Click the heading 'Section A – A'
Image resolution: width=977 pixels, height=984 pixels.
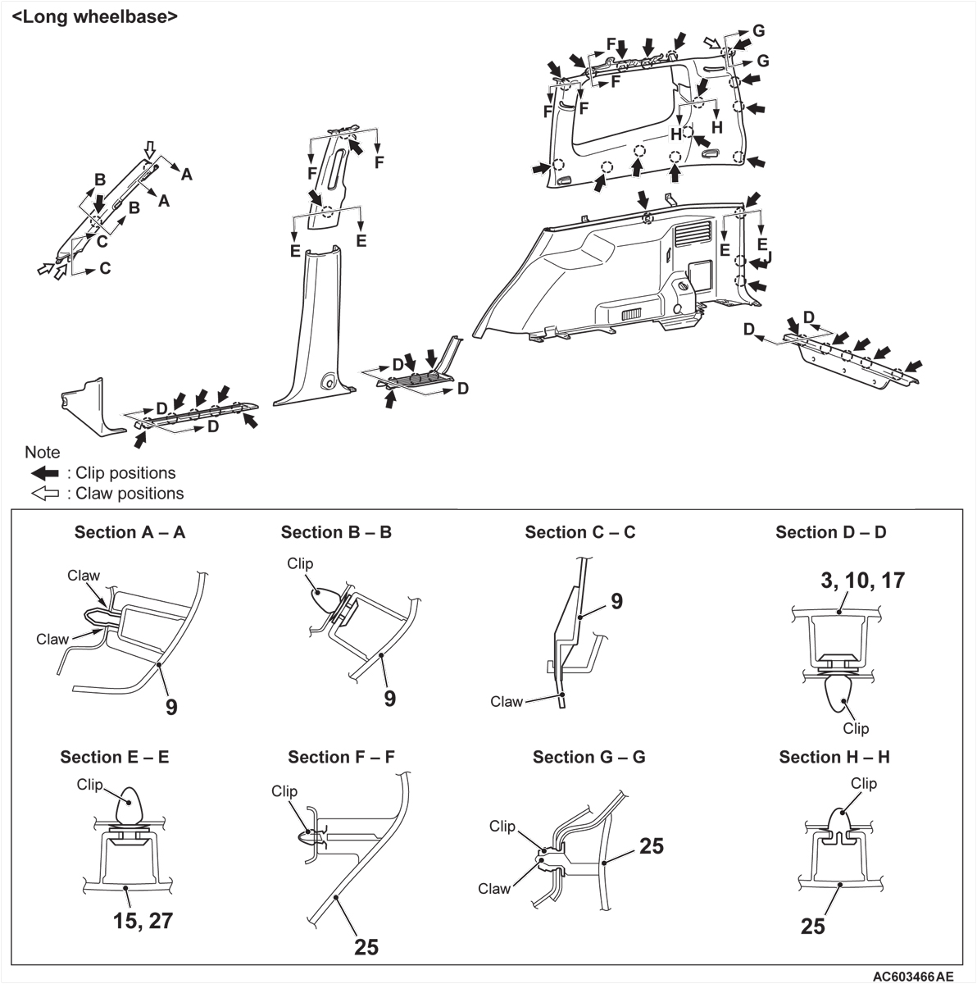(130, 532)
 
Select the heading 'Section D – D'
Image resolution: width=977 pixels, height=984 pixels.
(830, 532)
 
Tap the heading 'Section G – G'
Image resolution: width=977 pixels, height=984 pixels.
(588, 757)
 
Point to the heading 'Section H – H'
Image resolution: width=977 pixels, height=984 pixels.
(834, 757)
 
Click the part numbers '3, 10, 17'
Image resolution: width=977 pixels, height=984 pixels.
(862, 581)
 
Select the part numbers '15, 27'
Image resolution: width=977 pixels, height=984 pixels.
(143, 920)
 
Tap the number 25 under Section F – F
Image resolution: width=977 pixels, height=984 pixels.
(366, 946)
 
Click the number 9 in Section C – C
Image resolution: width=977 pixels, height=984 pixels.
(616, 601)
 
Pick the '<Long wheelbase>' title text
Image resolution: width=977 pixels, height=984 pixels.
(94, 16)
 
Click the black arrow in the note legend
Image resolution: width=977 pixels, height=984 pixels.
(44, 473)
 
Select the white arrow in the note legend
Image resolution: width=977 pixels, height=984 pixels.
(44, 494)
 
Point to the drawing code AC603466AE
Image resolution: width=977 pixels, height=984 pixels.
(912, 977)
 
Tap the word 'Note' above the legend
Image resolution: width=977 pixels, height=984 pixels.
(42, 453)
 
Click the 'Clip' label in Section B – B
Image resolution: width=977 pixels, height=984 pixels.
(300, 563)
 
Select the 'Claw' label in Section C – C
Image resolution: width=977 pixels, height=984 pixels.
(506, 701)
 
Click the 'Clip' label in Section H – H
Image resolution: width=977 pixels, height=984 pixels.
(863, 783)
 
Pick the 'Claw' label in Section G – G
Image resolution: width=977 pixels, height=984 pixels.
(494, 888)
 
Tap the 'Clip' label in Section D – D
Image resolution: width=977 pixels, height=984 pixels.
(856, 728)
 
